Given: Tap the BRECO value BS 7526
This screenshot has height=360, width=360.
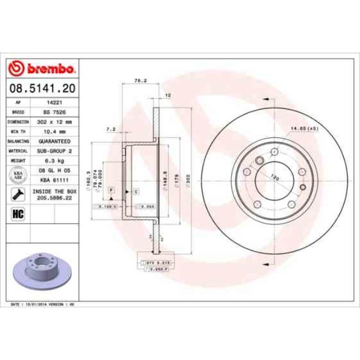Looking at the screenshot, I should coord(54,111).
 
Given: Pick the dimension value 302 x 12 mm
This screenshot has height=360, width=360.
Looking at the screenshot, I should coord(54,121).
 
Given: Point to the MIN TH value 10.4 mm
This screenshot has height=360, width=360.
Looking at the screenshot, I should coord(54,131).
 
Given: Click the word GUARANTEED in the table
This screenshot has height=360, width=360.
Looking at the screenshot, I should coord(54,141).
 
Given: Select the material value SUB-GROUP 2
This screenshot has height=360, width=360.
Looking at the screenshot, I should coord(54,151).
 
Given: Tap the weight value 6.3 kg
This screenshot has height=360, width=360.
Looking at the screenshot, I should coord(54,161).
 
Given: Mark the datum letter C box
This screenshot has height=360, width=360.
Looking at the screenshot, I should coord(135,191).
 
